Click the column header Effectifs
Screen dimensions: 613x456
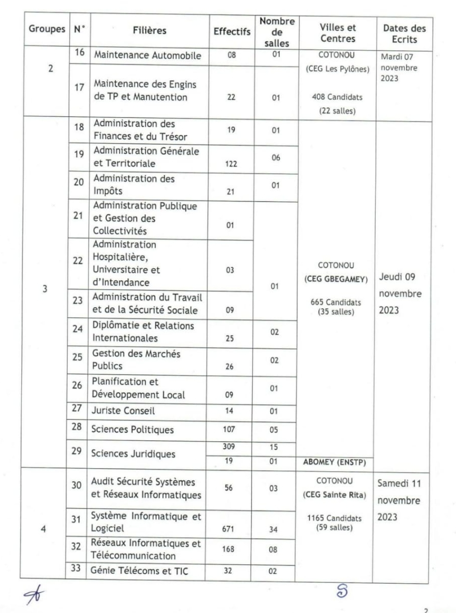click(232, 32)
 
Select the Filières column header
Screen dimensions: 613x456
click(150, 31)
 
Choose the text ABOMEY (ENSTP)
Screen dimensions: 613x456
click(334, 463)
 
